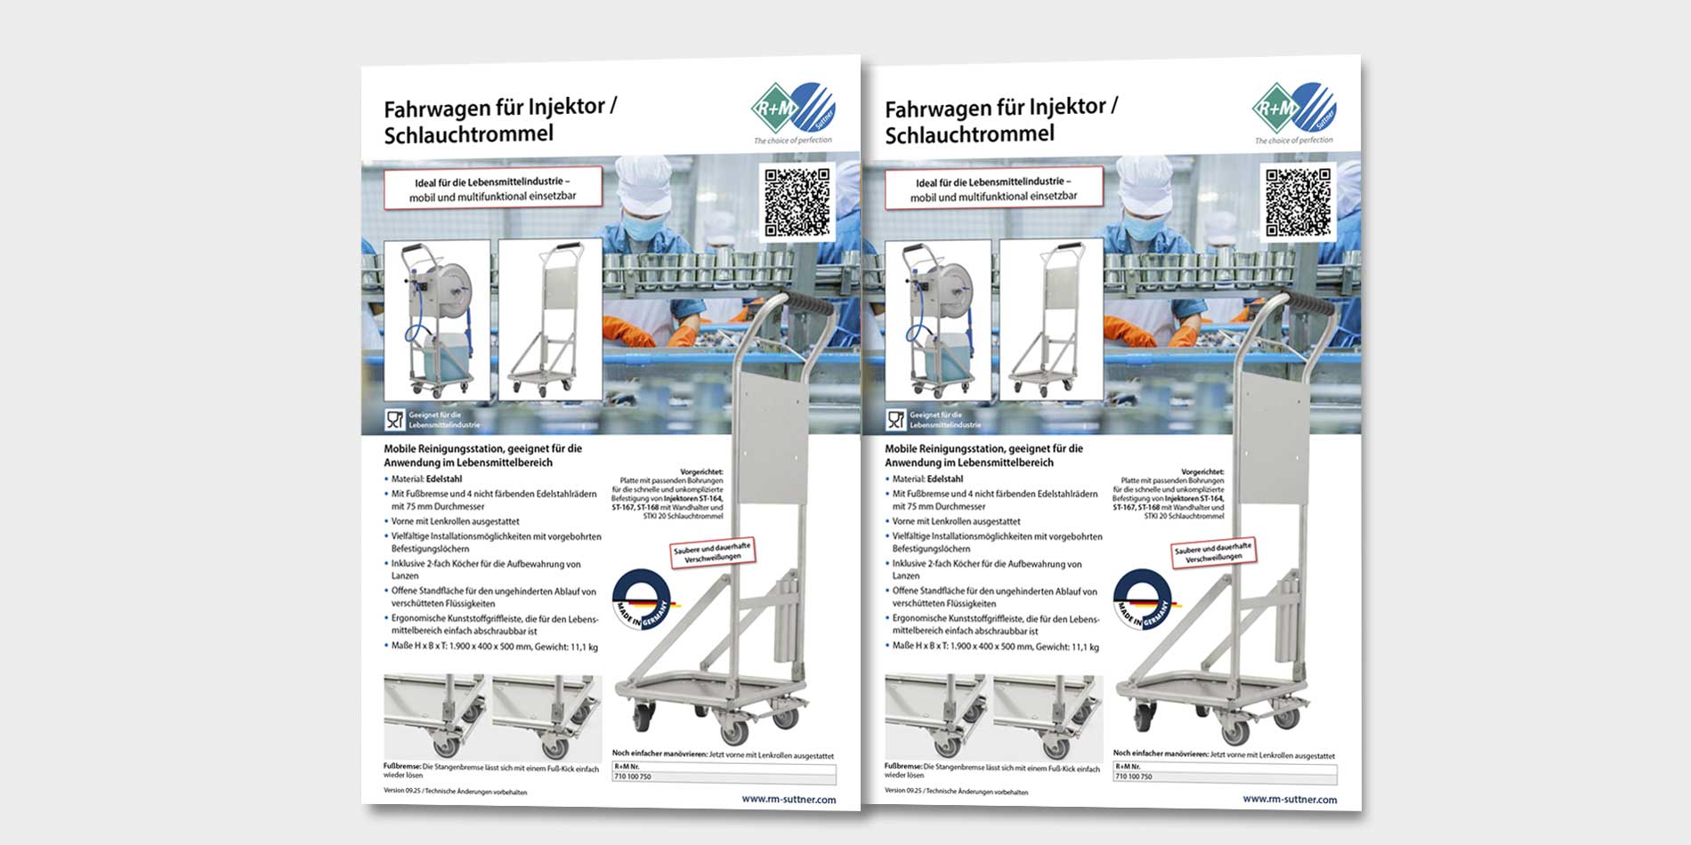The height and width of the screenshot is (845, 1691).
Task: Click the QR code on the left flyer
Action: click(x=797, y=201)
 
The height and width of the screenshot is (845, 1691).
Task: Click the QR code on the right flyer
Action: click(x=1299, y=201)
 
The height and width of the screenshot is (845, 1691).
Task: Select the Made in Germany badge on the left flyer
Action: click(x=642, y=600)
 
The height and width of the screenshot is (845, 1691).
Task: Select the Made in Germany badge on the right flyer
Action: click(x=1143, y=600)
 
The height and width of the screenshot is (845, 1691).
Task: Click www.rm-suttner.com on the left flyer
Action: click(x=789, y=799)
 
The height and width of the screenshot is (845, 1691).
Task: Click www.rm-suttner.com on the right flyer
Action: click(x=1290, y=799)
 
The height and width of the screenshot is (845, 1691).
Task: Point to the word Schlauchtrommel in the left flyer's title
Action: click(x=468, y=134)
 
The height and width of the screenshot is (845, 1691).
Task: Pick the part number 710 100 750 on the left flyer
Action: click(x=633, y=777)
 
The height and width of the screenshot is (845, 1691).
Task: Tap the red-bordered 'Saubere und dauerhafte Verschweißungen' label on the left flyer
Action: click(x=713, y=551)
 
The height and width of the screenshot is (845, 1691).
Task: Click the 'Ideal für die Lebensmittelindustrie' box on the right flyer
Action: click(x=994, y=189)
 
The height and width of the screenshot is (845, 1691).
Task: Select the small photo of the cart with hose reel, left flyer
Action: click(x=436, y=318)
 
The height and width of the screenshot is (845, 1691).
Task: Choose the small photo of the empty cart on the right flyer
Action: click(x=1051, y=318)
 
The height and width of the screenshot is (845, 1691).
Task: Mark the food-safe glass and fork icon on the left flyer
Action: click(x=395, y=419)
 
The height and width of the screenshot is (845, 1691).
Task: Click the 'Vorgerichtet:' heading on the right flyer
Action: click(x=1202, y=472)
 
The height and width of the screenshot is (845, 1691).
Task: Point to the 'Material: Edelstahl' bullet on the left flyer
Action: click(x=426, y=479)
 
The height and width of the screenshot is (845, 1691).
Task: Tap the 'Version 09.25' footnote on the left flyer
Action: click(x=455, y=791)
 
